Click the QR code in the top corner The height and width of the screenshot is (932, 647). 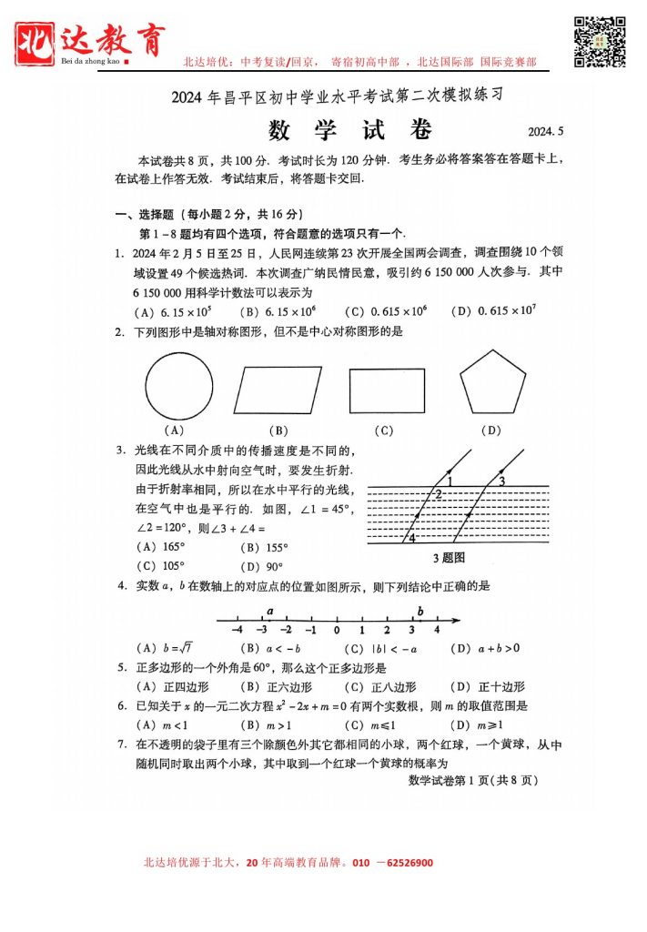[x=601, y=41]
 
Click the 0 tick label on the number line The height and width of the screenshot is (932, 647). [x=337, y=630]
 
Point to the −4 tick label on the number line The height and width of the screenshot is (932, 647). [x=238, y=630]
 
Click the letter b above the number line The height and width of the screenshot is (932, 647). [x=420, y=611]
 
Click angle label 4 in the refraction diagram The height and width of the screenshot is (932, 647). [x=412, y=538]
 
